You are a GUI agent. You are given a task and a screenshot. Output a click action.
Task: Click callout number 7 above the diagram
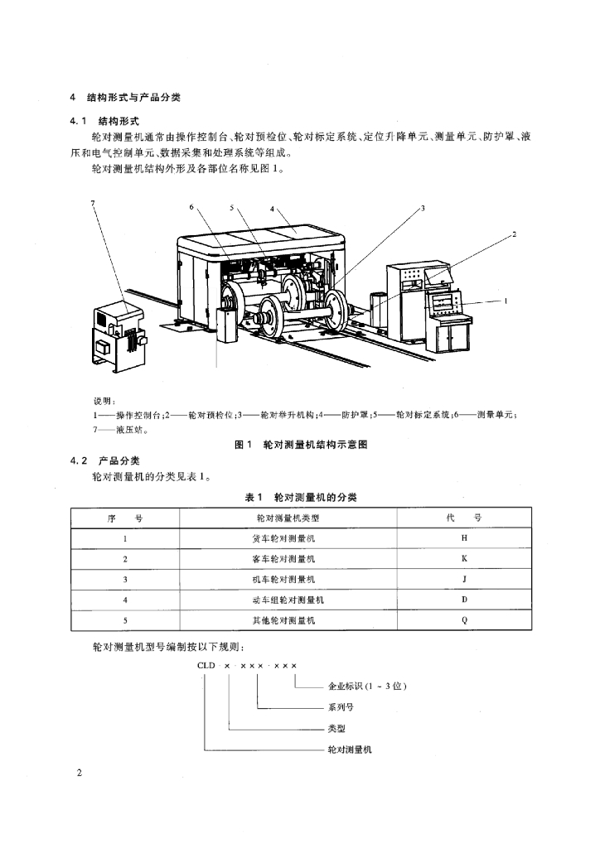pos(94,203)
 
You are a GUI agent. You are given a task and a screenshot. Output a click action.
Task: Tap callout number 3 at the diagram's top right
pos(422,209)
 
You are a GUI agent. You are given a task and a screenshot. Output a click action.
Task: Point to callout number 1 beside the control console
pos(506,301)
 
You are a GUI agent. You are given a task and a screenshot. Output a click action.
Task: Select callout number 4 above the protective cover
pos(272,209)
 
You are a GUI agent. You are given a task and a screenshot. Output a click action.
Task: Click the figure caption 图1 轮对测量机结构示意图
pos(301,445)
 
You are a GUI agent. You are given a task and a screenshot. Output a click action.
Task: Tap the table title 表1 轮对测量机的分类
pos(301,497)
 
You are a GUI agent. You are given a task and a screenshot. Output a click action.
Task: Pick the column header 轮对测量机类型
pos(288,518)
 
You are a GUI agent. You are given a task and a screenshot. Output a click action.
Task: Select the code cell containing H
pos(464,538)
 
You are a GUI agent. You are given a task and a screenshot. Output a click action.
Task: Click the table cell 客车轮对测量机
pos(288,558)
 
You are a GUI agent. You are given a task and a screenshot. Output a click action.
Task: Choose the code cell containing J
pos(464,579)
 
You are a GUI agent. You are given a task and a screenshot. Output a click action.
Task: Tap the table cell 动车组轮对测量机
pos(288,599)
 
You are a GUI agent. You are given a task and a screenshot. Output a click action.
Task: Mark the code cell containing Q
pos(464,619)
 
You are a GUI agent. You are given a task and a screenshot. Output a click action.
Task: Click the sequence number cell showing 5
pos(125,619)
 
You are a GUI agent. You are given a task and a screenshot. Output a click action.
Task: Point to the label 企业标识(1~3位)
pos(367,687)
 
